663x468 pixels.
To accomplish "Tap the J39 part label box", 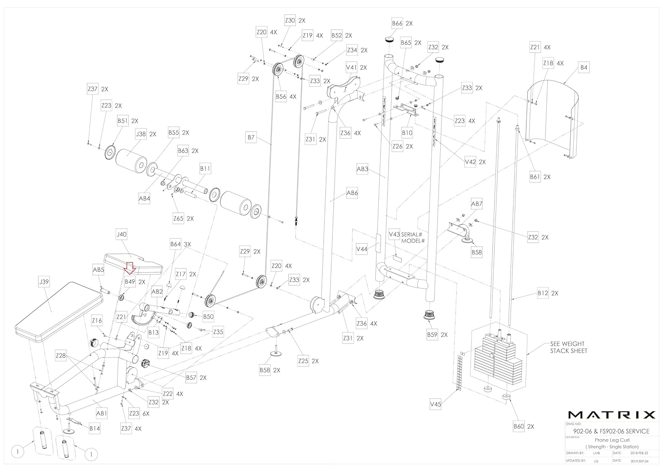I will (44, 282).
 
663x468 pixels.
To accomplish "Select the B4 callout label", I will (584, 68).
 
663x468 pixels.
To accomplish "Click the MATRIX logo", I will (611, 415).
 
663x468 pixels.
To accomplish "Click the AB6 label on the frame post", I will (352, 193).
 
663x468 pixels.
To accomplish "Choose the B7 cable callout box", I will (251, 137).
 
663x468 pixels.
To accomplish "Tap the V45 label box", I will (435, 403).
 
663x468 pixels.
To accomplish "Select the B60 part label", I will (518, 426).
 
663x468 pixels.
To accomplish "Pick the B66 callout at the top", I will (397, 23).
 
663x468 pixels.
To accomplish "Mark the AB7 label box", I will (477, 204).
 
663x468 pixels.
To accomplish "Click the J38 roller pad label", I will (141, 133).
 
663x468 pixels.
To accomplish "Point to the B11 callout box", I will (205, 168).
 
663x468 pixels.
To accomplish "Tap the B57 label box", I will (191, 377).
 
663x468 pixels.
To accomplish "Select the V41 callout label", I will (351, 68).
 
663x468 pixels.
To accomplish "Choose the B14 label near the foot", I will (95, 428).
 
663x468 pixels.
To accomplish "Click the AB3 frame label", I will (362, 169).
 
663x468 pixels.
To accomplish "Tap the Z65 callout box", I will (178, 218).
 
